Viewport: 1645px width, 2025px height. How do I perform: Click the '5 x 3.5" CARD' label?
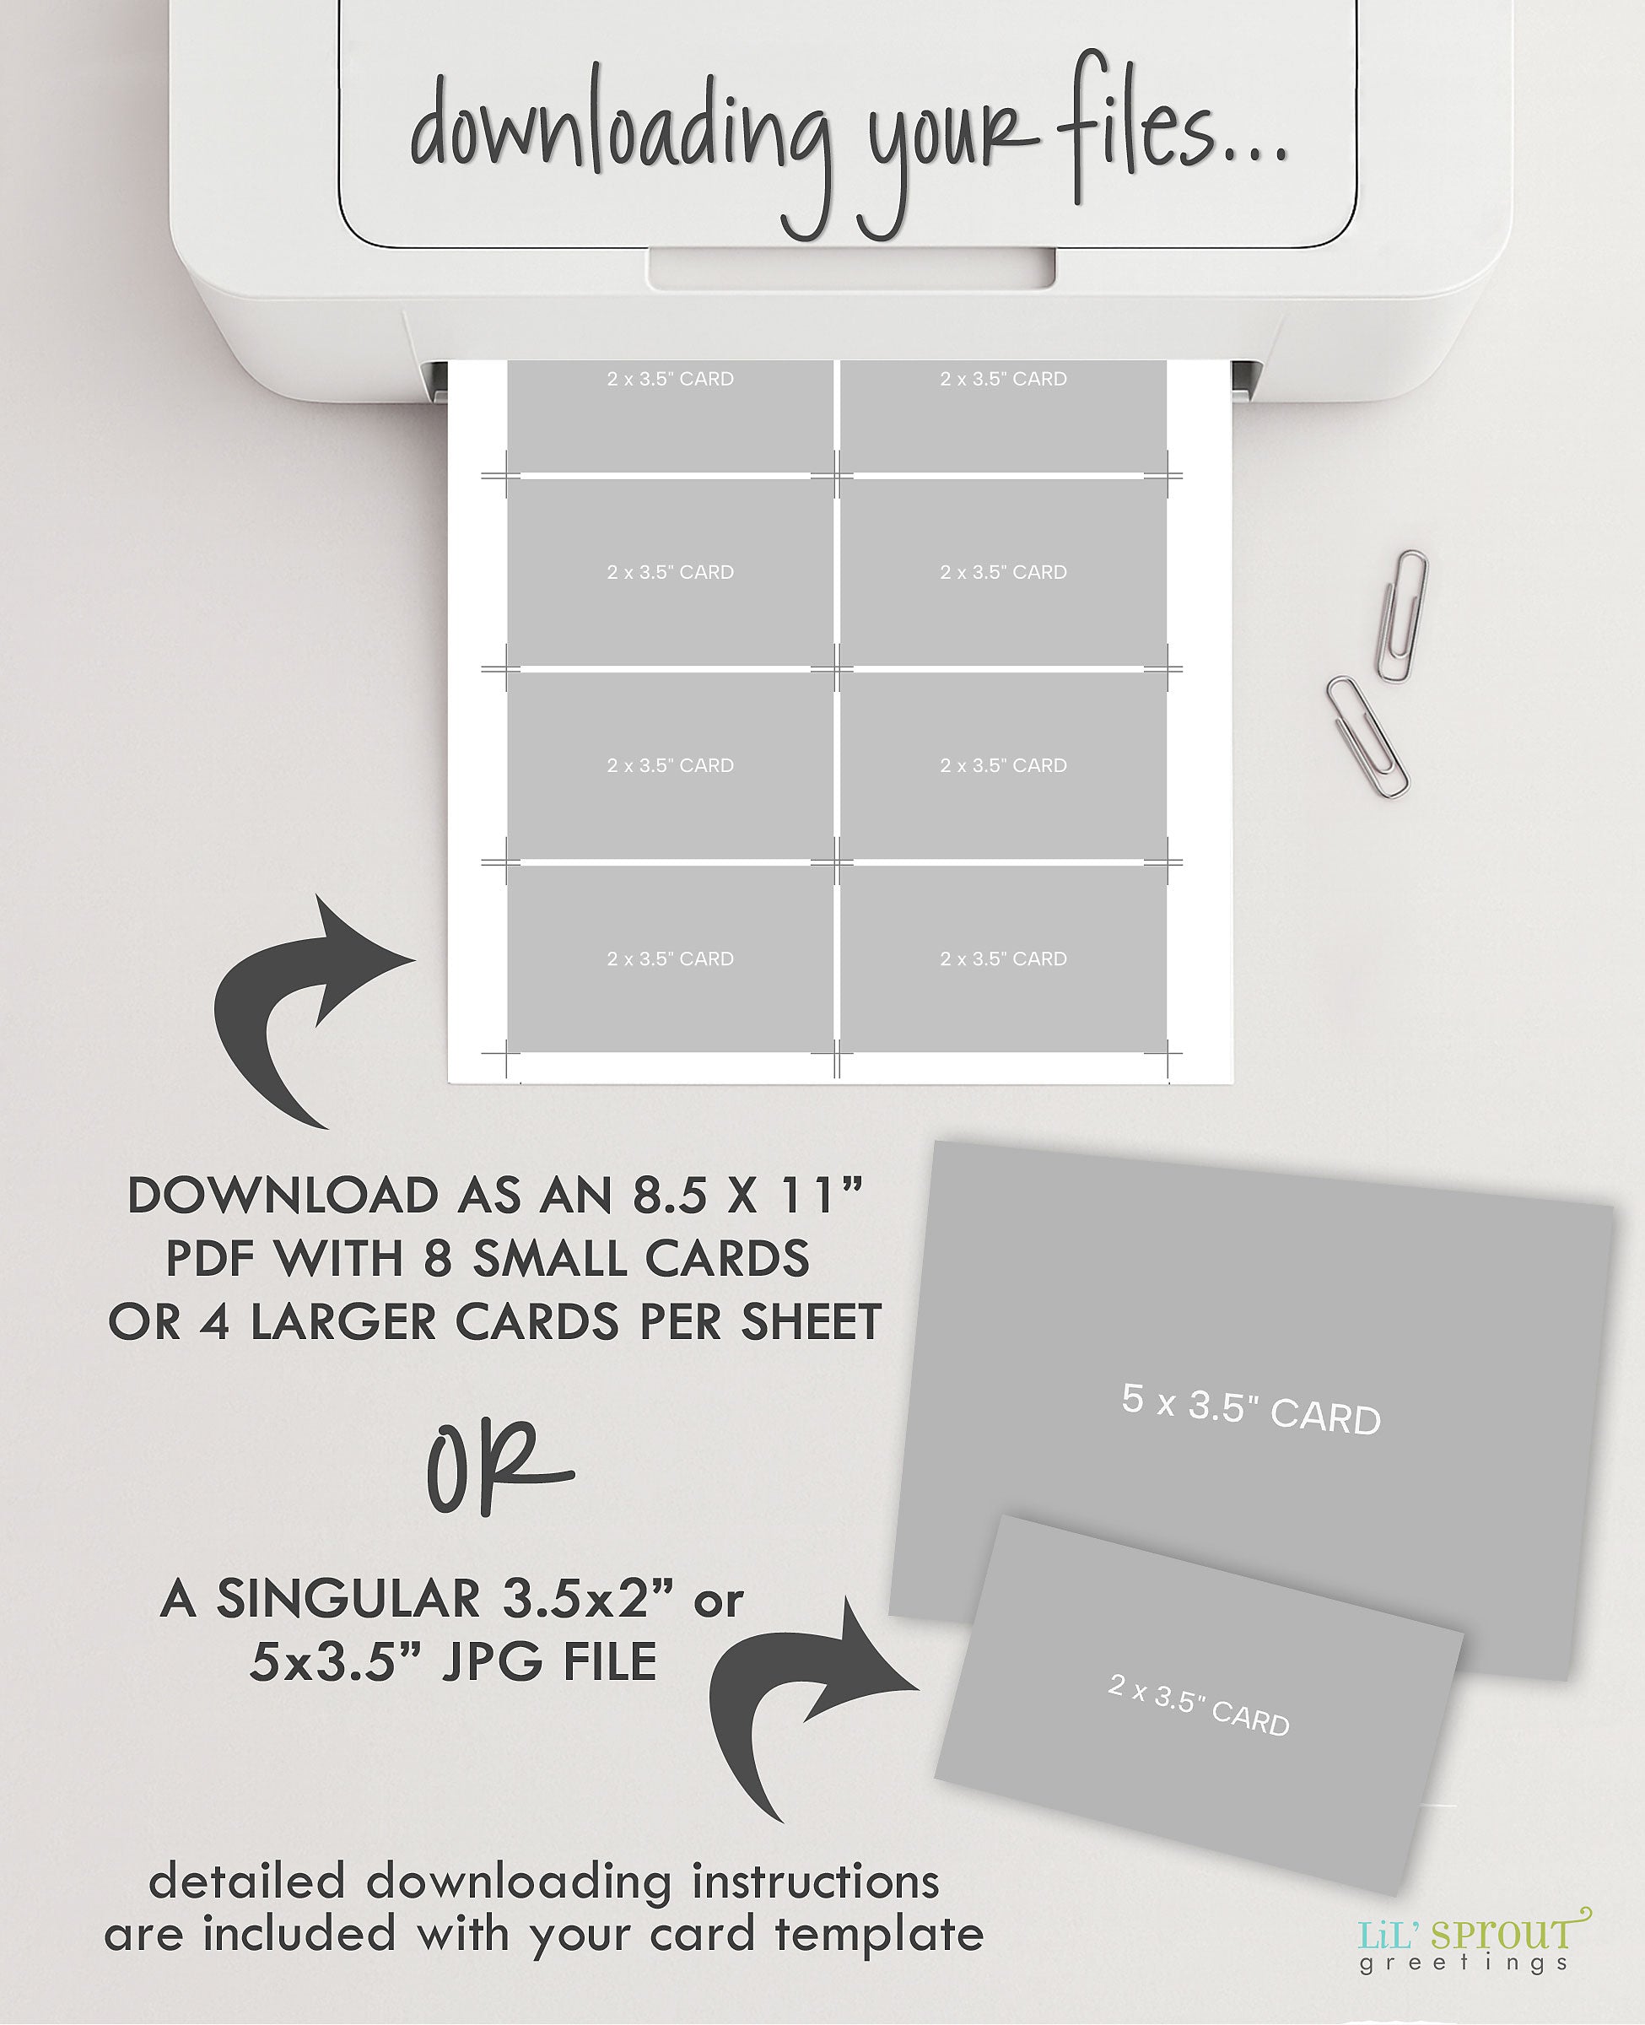[1251, 1408]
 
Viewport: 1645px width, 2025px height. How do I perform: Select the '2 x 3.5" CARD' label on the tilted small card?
[1199, 1706]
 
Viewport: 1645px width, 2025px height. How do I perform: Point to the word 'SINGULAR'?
[348, 1600]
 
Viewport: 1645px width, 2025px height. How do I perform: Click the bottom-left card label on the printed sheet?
[670, 959]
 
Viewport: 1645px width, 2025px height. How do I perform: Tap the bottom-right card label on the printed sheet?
[1004, 959]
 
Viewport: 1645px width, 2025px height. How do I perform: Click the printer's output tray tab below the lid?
[851, 267]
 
